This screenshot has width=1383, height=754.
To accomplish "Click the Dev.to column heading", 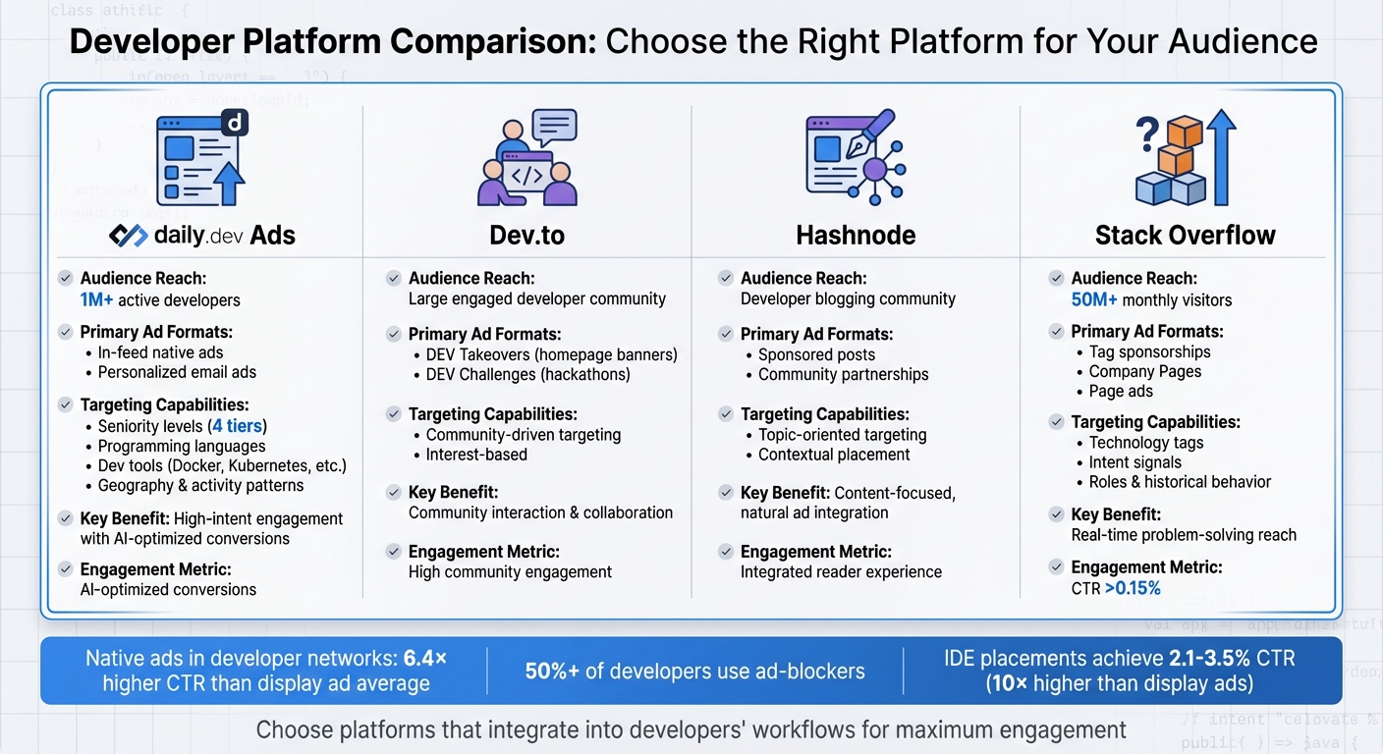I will pyautogui.click(x=527, y=236).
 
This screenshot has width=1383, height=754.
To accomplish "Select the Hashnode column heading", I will pyautogui.click(x=856, y=236).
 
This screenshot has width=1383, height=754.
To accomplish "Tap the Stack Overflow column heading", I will pyautogui.click(x=1185, y=236).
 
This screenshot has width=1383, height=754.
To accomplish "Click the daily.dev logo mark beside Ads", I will pyautogui.click(x=128, y=236).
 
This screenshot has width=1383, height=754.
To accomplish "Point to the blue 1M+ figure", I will pyautogui.click(x=97, y=300).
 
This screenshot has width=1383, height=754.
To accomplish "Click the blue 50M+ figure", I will pyautogui.click(x=1094, y=300).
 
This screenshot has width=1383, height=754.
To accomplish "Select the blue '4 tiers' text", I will pyautogui.click(x=240, y=426).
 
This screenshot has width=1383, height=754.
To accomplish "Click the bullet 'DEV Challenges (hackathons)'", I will pyautogui.click(x=527, y=374).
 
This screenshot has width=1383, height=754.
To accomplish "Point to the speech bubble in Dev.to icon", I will pyautogui.click(x=554, y=127).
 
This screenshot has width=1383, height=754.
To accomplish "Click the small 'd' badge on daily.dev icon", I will pyautogui.click(x=235, y=122).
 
